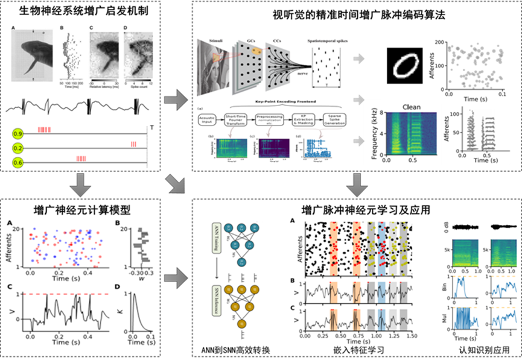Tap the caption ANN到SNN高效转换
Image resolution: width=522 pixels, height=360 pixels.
tap(235, 349)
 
